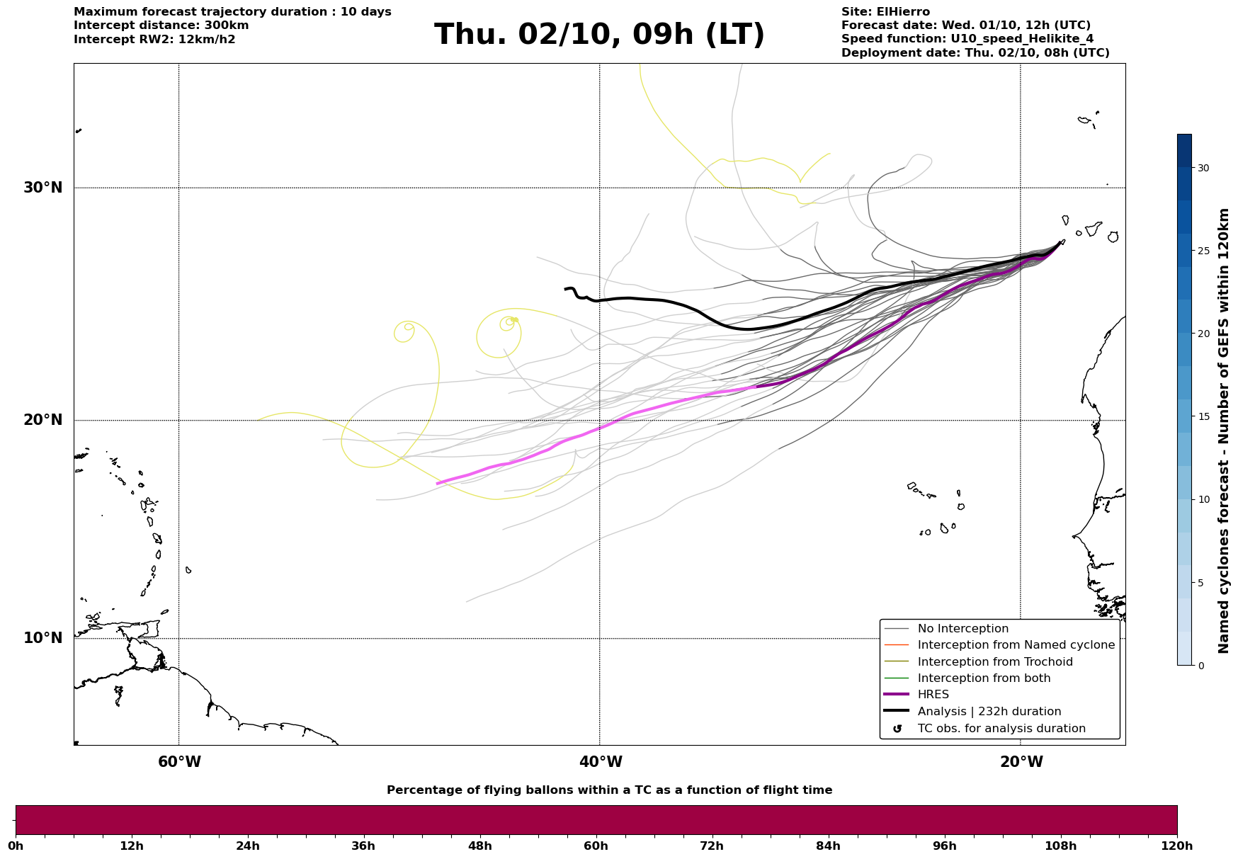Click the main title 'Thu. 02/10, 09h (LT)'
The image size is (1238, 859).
[599, 35]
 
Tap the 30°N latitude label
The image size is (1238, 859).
[43, 188]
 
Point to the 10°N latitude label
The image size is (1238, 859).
[43, 638]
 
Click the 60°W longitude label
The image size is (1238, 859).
[179, 762]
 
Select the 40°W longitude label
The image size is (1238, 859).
[601, 762]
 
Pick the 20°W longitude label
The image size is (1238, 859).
[1021, 762]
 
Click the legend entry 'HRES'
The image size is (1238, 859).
[933, 695]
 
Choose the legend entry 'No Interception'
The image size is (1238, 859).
[962, 629]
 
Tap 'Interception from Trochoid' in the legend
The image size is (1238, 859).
[994, 662]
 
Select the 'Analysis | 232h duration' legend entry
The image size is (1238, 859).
[989, 712]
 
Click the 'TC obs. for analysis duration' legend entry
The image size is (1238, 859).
[1001, 729]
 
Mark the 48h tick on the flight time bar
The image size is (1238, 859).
[479, 846]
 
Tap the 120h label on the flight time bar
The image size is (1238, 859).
[1177, 846]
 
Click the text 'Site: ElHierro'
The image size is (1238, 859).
[885, 12]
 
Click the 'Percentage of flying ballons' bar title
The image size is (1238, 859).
[609, 790]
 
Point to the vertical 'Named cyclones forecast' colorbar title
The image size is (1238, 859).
[1223, 431]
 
